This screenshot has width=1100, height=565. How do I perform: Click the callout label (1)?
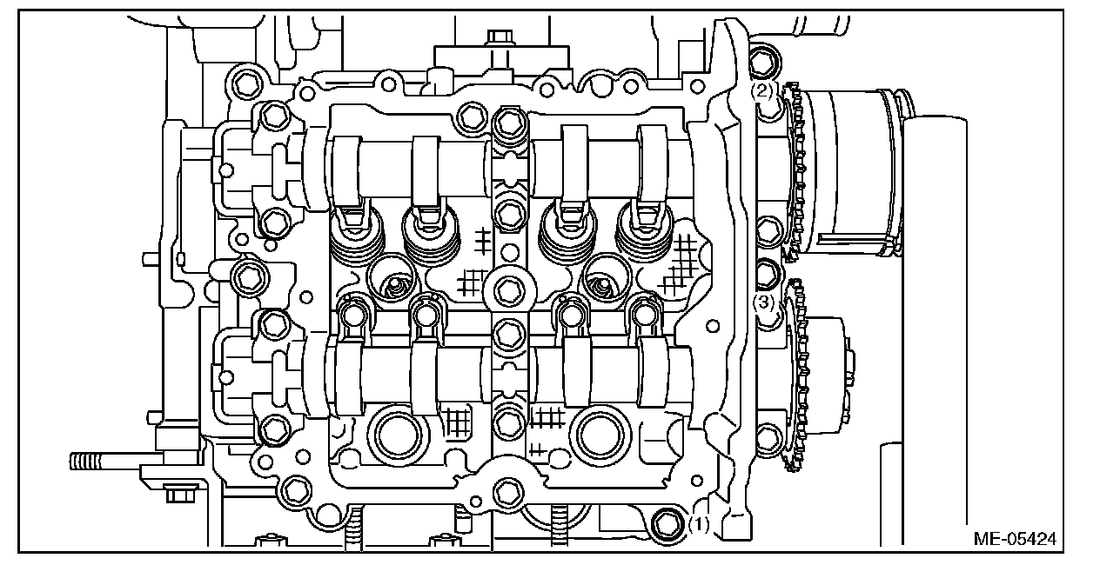pos(701,524)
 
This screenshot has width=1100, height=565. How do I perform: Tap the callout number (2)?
pos(762,90)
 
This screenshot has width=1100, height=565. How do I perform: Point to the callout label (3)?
pos(763,302)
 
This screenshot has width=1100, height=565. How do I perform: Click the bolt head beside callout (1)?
pos(667,524)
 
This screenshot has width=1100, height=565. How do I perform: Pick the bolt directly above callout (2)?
pos(763,59)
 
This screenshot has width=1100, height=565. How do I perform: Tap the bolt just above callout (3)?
pos(765,274)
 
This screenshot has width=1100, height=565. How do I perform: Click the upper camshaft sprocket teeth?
pos(794,169)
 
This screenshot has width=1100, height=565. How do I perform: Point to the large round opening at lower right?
pos(601,435)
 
